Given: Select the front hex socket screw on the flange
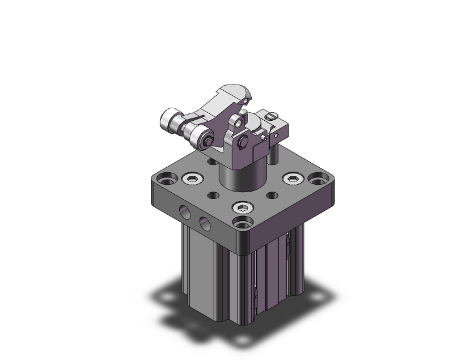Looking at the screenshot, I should tap(242, 208).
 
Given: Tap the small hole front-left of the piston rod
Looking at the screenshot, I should tap(213, 195).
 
